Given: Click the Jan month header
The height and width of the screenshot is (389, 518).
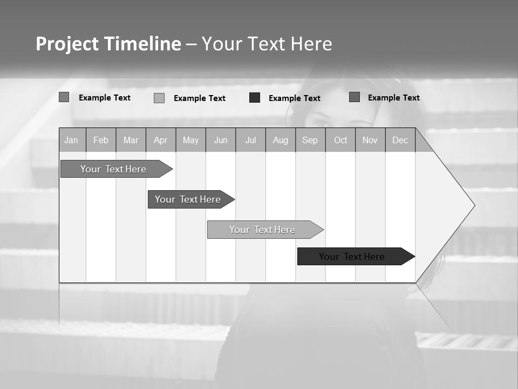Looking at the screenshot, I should click(71, 140).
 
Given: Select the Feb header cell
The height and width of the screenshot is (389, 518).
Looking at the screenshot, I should click(101, 140).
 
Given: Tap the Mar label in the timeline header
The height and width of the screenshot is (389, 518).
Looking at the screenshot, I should click(131, 140).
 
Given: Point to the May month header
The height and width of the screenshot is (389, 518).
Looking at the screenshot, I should click(190, 140).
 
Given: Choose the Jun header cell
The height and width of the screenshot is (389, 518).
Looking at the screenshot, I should click(221, 140).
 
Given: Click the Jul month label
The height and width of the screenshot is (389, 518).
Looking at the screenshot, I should click(250, 140).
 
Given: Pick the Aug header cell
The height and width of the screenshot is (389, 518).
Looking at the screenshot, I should click(281, 140).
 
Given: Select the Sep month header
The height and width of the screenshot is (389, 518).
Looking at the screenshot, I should click(310, 140).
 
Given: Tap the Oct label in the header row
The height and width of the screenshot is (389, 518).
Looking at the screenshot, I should click(340, 140).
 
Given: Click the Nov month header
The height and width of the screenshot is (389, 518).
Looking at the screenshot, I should click(370, 140).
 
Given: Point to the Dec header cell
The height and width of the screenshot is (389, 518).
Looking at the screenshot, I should click(400, 140).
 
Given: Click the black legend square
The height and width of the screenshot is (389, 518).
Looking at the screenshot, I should click(255, 98).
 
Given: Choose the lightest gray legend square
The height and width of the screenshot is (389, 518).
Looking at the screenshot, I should click(159, 98).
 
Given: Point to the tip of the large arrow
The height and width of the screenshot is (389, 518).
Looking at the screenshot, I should click(474, 205).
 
